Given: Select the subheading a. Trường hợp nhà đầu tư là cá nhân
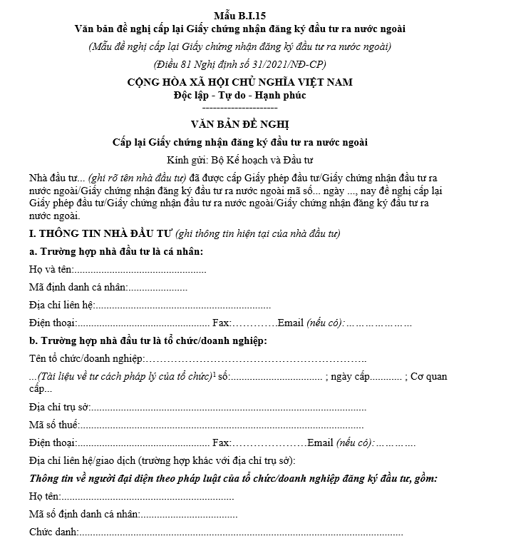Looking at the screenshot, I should coord(117,252).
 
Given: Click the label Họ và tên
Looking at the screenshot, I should coord(50,270).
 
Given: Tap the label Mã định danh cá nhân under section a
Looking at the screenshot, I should coord(78,288).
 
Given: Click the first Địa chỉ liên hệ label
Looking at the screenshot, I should coord(61,305).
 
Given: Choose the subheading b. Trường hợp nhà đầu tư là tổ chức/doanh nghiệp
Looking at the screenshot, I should coord(148,340).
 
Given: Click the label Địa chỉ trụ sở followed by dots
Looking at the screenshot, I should coord(58,408).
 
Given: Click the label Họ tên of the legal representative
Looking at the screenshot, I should coord(45,496).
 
